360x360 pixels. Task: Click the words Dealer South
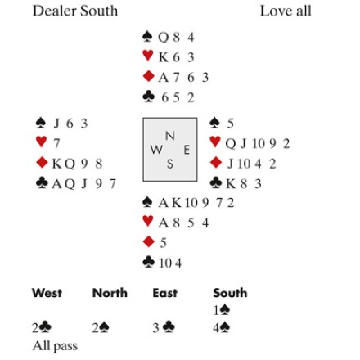[75, 11]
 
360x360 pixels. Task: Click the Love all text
[286, 11]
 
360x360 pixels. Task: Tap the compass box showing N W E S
[170, 150]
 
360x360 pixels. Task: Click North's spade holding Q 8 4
[176, 37]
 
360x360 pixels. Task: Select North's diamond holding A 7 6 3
[183, 78]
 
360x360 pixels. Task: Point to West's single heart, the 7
[56, 143]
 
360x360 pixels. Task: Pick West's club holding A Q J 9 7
[83, 184]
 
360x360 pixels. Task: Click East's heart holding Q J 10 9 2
[257, 143]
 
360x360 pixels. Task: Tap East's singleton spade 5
[231, 124]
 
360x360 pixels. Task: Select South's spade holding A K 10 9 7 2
[196, 203]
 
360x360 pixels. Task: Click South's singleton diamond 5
[163, 243]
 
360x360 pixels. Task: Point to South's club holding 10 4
[170, 263]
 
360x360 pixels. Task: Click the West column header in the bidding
[47, 293]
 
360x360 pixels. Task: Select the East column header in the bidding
[165, 293]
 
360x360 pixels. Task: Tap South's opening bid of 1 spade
[222, 310]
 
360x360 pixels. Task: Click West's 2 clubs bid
[42, 328]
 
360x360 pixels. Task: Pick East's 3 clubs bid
[164, 328]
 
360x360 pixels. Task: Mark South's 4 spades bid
[222, 328]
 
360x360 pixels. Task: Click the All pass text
[55, 346]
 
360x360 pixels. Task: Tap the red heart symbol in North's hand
[148, 56]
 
